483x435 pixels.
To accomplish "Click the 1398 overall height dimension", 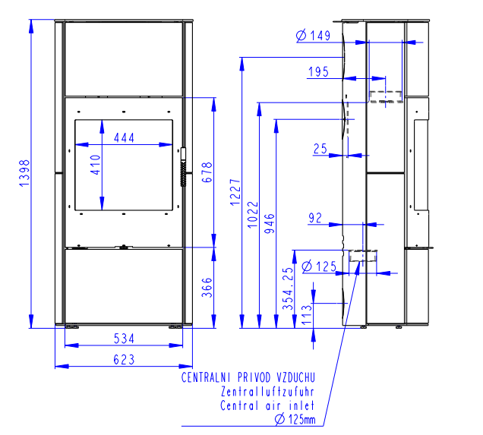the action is (x=24, y=173).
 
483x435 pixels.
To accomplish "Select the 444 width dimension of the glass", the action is (x=124, y=137).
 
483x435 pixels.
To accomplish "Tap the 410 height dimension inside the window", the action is (x=96, y=165).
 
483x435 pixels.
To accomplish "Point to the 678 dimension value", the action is (x=207, y=172).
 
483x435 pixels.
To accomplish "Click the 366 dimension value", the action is (x=207, y=287).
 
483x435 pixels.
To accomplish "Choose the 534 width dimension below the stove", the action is (x=124, y=339).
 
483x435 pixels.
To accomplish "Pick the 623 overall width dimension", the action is (x=124, y=360).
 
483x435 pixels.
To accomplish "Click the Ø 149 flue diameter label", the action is (x=314, y=36).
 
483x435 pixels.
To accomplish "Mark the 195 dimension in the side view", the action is (x=318, y=72).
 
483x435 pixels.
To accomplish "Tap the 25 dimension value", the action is (x=320, y=149).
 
